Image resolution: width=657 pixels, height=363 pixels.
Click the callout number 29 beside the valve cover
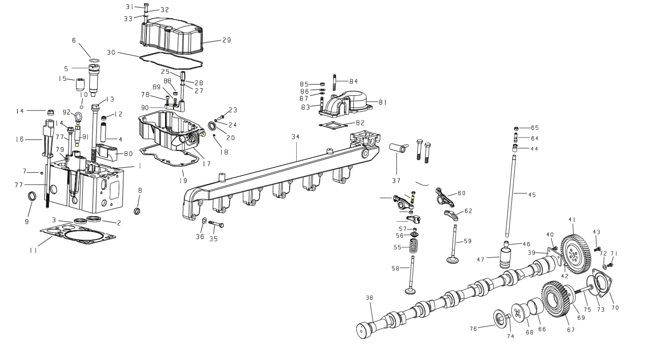226,40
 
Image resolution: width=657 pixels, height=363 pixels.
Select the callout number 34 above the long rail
296,137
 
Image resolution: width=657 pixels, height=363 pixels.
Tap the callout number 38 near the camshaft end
369,297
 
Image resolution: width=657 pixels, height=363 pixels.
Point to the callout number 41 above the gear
572,219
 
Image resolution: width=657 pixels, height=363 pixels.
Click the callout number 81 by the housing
383,103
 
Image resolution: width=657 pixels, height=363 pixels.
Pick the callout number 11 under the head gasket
34,251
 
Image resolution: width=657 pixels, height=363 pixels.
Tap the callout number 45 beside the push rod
532,195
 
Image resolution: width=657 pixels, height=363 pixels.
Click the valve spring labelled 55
413,246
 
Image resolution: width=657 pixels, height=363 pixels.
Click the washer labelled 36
205,220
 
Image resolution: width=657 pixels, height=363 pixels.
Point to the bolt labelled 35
216,224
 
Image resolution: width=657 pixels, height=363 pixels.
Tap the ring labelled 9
32,196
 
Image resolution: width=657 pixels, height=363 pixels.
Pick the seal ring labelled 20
212,126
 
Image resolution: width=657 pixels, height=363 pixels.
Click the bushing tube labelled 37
398,148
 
